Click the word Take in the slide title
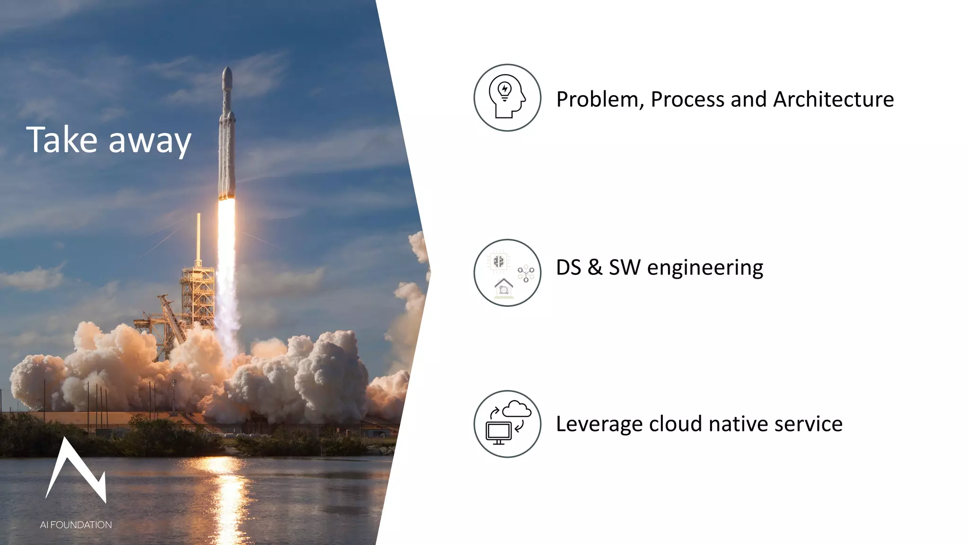point(62,140)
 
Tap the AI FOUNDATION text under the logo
point(76,525)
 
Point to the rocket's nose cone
point(227,76)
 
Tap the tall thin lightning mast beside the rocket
point(199,237)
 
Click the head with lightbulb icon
point(507,97)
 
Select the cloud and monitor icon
point(507,424)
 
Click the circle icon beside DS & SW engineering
point(507,272)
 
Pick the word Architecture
point(833,100)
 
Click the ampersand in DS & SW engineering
point(595,267)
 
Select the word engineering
point(705,268)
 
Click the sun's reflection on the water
point(227,492)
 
